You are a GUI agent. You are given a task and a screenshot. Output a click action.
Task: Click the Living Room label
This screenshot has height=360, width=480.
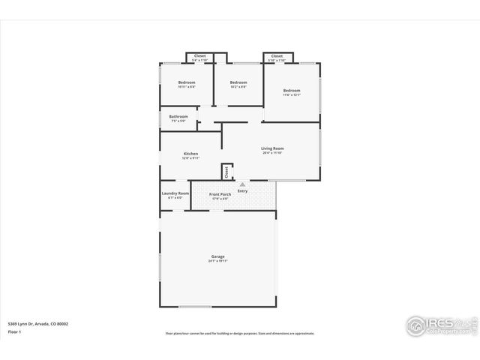(272, 148)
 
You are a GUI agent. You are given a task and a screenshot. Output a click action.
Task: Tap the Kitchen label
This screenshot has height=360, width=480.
(190, 154)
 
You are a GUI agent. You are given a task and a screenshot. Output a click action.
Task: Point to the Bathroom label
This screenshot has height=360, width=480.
(178, 116)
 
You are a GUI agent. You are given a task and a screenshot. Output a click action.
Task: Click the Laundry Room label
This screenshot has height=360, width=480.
(175, 193)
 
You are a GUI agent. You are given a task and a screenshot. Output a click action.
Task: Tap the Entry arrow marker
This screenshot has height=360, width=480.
(242, 183)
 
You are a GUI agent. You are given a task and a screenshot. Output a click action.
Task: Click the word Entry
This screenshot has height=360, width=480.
(242, 190)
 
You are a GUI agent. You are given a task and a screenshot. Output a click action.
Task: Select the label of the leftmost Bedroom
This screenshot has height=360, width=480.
(187, 82)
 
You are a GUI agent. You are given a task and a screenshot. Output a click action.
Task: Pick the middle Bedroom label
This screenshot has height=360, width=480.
(238, 82)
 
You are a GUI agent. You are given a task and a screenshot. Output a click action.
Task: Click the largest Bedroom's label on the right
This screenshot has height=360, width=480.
(291, 90)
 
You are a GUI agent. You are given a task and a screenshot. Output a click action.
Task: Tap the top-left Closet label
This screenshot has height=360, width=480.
(199, 55)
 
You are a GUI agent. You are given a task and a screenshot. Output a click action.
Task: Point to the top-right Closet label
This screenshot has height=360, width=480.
(277, 55)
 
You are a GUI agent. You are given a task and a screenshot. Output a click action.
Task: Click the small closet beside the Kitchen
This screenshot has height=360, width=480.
(226, 172)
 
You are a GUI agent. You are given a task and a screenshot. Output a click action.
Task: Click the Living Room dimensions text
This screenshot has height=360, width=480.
(272, 153)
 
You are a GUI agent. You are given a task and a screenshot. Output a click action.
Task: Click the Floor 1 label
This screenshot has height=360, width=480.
(14, 330)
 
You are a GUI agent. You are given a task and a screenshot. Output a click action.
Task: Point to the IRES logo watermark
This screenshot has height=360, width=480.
(439, 325)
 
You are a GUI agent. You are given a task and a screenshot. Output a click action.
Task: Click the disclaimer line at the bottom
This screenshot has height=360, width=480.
(240, 333)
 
